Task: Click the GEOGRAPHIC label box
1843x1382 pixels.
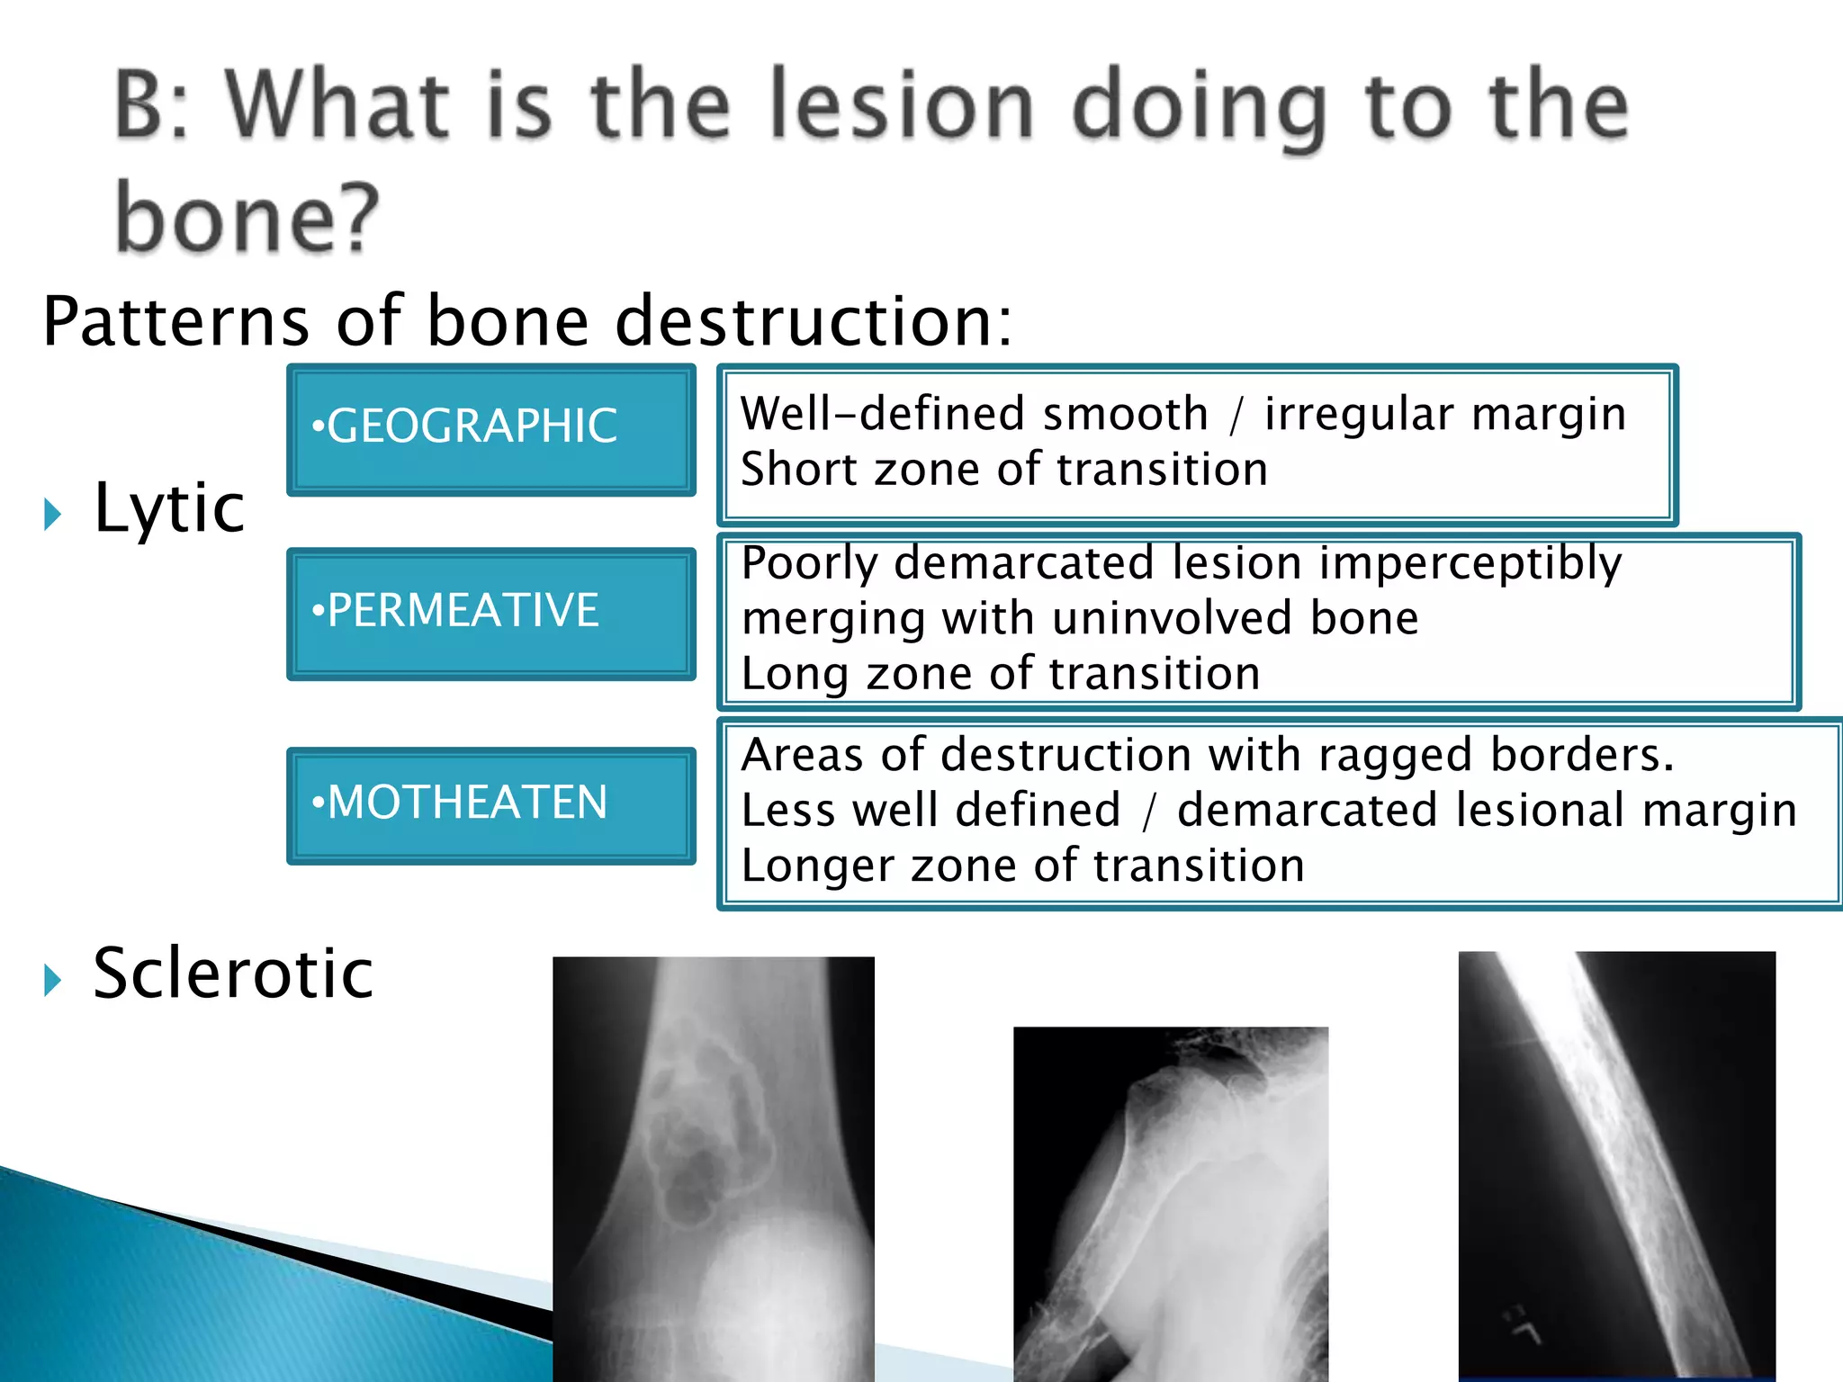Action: coord(490,429)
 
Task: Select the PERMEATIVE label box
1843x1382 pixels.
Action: coord(490,614)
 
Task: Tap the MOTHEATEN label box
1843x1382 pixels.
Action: coord(490,805)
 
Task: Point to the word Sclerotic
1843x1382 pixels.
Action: coord(233,974)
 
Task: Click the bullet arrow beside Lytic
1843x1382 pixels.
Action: coord(53,515)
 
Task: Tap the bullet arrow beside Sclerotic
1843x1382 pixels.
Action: coord(53,980)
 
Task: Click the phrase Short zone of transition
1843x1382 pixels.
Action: coord(1003,471)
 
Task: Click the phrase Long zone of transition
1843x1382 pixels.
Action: coord(1000,674)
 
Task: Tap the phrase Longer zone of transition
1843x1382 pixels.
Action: coord(1022,866)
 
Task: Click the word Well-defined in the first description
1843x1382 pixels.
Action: coord(882,415)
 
